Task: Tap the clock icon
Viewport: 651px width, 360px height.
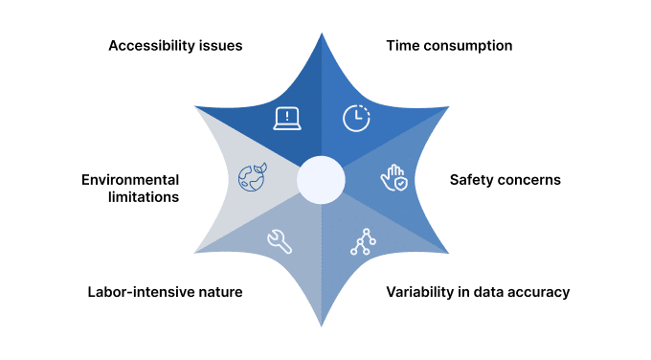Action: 355,118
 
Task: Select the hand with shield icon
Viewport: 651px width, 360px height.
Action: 393,179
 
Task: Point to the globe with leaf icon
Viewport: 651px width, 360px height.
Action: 251,178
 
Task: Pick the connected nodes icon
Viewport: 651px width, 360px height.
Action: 362,242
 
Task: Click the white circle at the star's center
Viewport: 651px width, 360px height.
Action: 321,180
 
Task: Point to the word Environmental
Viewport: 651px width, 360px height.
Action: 130,179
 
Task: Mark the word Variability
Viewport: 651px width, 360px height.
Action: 418,292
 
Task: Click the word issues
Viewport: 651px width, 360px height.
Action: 221,45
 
